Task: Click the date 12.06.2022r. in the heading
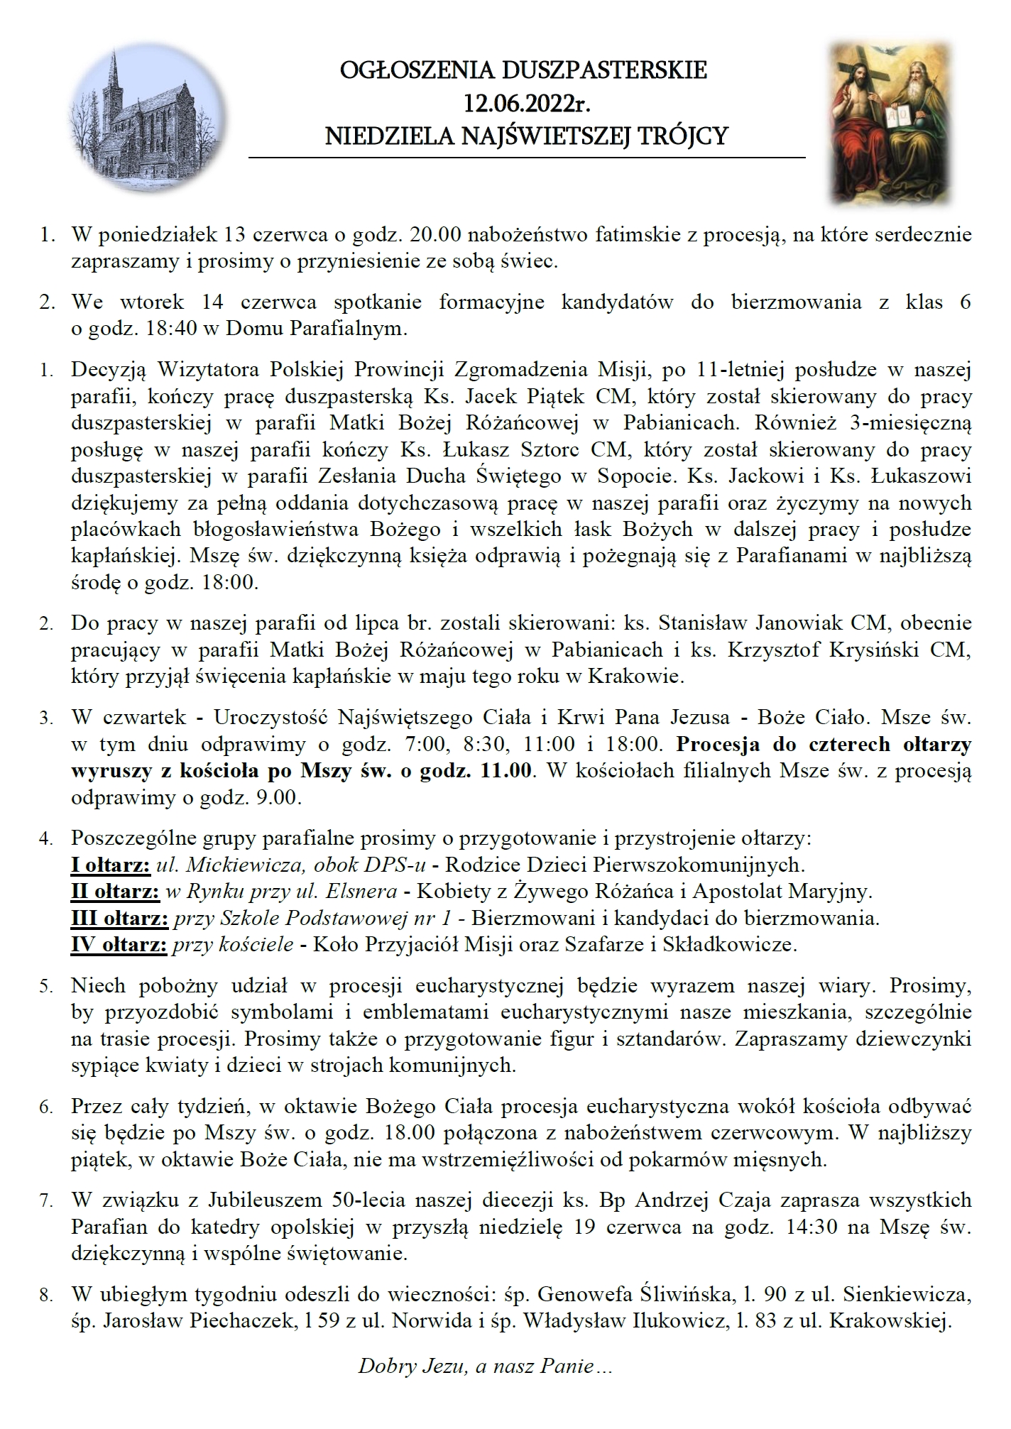(526, 103)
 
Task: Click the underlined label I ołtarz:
(110, 865)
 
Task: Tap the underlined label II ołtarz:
(115, 891)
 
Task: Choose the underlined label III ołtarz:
(119, 919)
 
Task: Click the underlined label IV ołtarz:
(119, 945)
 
